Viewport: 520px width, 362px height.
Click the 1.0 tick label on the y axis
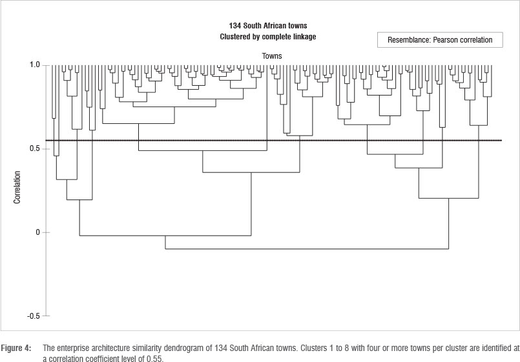click(34, 65)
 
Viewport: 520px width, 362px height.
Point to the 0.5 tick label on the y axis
click(34, 149)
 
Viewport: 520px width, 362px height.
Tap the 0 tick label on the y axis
click(38, 232)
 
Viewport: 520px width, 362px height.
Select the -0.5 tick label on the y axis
click(34, 316)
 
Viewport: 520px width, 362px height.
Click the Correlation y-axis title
click(17, 187)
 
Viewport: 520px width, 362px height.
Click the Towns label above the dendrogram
click(272, 56)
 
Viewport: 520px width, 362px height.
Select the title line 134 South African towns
click(268, 26)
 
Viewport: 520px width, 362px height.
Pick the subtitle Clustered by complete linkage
click(268, 36)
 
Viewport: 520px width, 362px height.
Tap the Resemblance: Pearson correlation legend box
click(439, 40)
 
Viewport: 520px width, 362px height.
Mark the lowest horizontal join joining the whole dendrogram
click(307, 248)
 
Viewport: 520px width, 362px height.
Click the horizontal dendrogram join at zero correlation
click(165, 236)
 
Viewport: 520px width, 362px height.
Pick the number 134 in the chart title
click(235, 26)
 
